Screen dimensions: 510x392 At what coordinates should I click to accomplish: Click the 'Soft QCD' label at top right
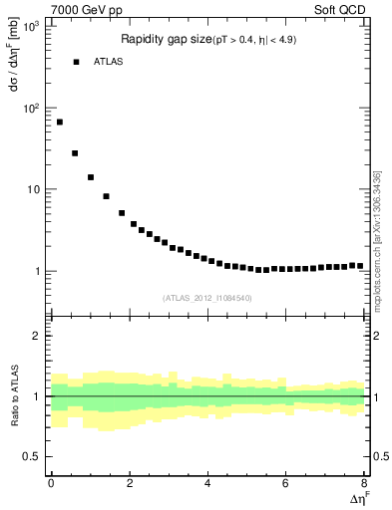coord(342,9)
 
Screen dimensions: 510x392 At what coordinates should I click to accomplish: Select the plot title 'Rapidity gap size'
coord(163,40)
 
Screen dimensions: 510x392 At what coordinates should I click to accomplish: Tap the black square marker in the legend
coord(76,62)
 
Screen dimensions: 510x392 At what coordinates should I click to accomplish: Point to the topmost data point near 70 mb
coord(60,123)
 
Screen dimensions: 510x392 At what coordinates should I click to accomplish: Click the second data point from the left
coord(75,153)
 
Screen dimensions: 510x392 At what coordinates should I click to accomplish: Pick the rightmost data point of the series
coord(361,266)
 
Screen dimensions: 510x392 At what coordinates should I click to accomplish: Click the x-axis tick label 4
coord(207,485)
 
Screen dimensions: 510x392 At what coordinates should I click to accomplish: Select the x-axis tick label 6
coord(286,485)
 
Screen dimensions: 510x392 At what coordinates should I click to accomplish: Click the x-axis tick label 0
coord(51,485)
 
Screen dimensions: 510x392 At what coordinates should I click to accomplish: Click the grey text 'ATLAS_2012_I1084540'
coord(207,298)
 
